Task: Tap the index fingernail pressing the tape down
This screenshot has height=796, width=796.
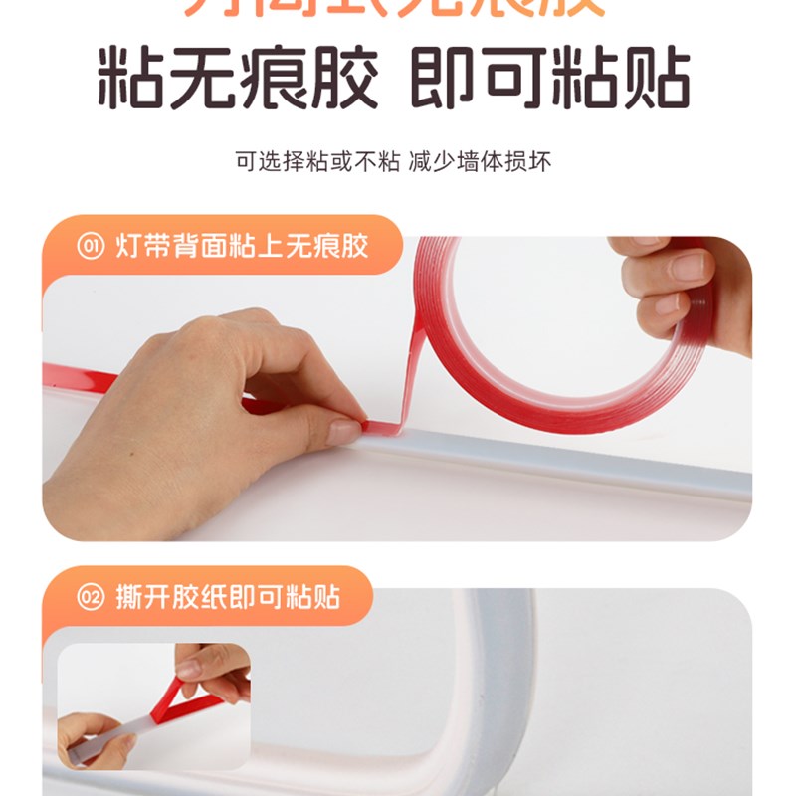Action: [x=344, y=431]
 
